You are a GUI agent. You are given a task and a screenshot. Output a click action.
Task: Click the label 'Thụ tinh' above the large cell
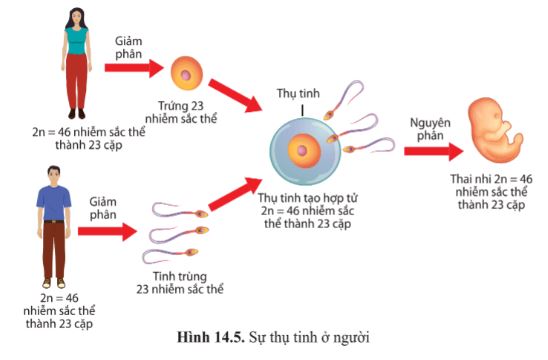coord(298,93)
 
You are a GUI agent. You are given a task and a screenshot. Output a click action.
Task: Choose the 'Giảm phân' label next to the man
coord(104,208)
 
